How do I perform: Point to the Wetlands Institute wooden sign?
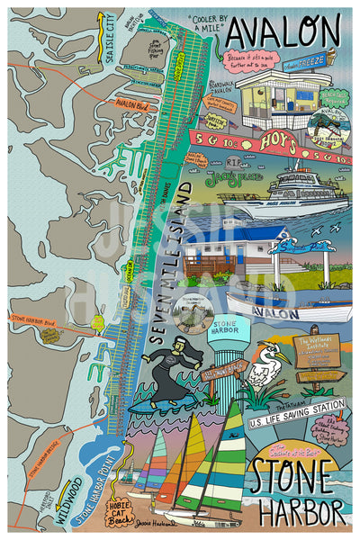(x=317, y=349)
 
